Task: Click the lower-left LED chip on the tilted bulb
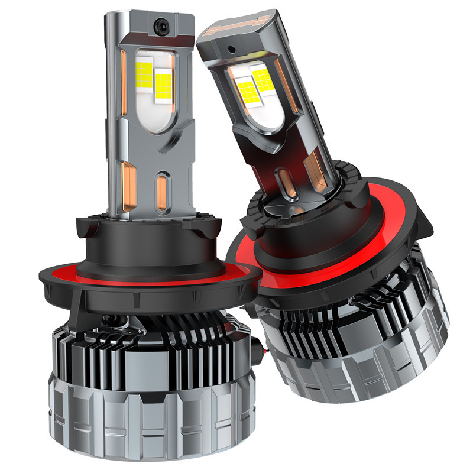coord(248,91)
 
